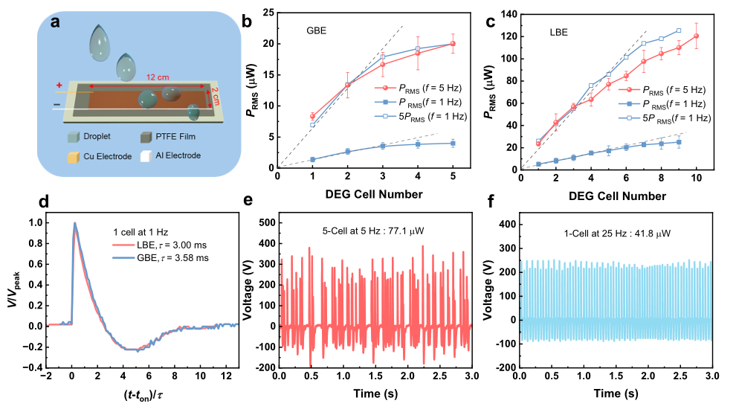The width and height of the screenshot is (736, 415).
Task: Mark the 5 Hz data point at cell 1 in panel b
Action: point(312,116)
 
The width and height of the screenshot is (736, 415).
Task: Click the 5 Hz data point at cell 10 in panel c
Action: point(696,36)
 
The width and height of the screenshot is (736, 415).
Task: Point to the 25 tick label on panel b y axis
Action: point(267,13)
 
